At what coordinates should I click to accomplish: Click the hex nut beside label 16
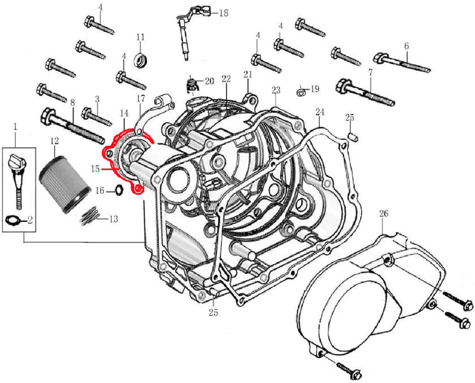point(119,190)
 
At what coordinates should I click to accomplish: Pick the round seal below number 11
point(140,59)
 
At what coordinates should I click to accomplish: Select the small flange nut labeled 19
point(301,90)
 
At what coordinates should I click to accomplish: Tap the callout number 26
point(383,214)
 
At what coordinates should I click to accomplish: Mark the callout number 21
point(247,75)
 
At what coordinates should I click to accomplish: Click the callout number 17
point(141,99)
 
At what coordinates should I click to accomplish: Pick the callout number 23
point(276,90)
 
